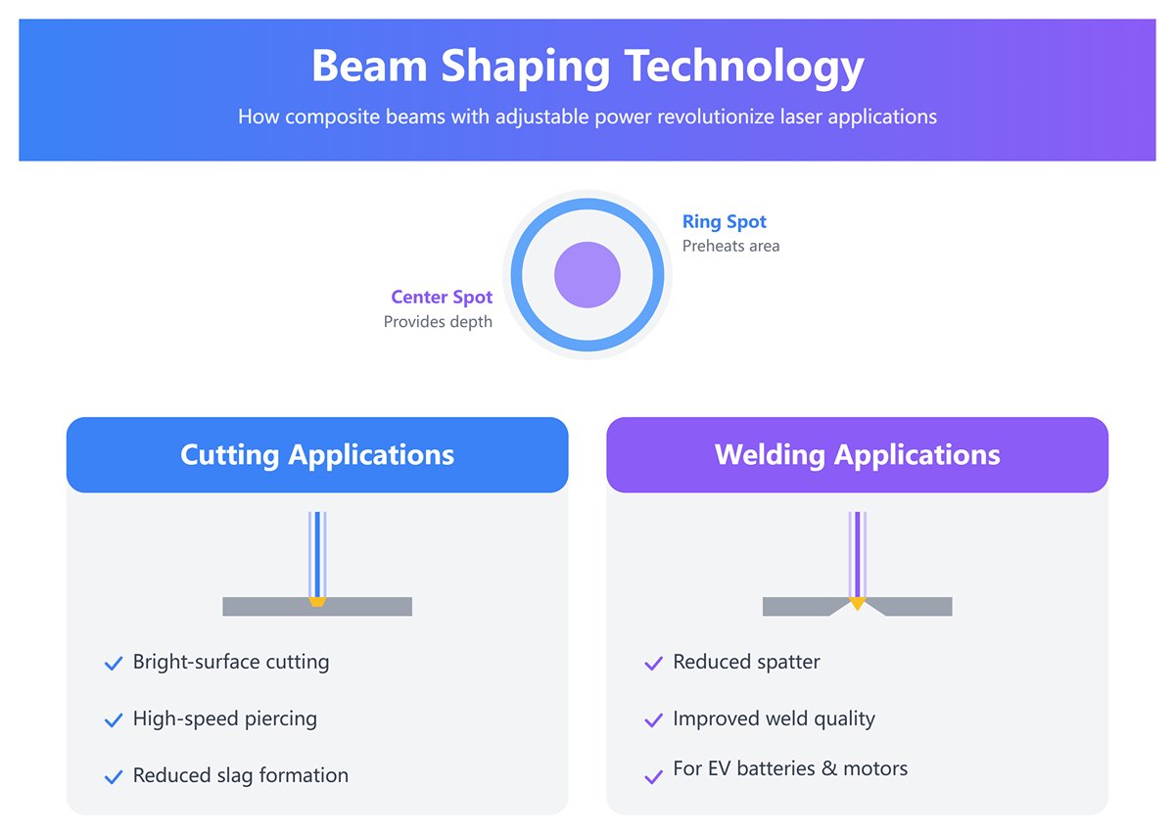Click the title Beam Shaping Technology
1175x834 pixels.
tap(587, 67)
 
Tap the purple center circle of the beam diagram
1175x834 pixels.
tap(587, 275)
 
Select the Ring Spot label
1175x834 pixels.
tap(725, 222)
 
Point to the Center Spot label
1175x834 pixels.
tap(442, 297)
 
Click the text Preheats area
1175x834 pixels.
tap(730, 246)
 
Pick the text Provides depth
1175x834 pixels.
tap(438, 321)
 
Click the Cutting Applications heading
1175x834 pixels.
tap(317, 455)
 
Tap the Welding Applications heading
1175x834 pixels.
tap(857, 455)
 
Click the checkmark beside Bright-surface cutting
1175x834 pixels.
tap(113, 664)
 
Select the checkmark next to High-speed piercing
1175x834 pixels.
tap(113, 720)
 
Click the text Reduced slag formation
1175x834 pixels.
tap(241, 775)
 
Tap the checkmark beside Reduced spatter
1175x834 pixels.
tap(653, 664)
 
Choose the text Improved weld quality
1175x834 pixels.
tap(774, 718)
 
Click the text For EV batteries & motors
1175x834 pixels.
tap(790, 768)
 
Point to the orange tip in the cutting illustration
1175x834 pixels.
tap(317, 602)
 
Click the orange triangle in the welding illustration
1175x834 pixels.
tap(858, 603)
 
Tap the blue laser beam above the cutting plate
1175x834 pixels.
tap(317, 553)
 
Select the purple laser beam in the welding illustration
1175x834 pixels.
tap(858, 553)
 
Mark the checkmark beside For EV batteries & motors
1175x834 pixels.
tap(653, 777)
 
